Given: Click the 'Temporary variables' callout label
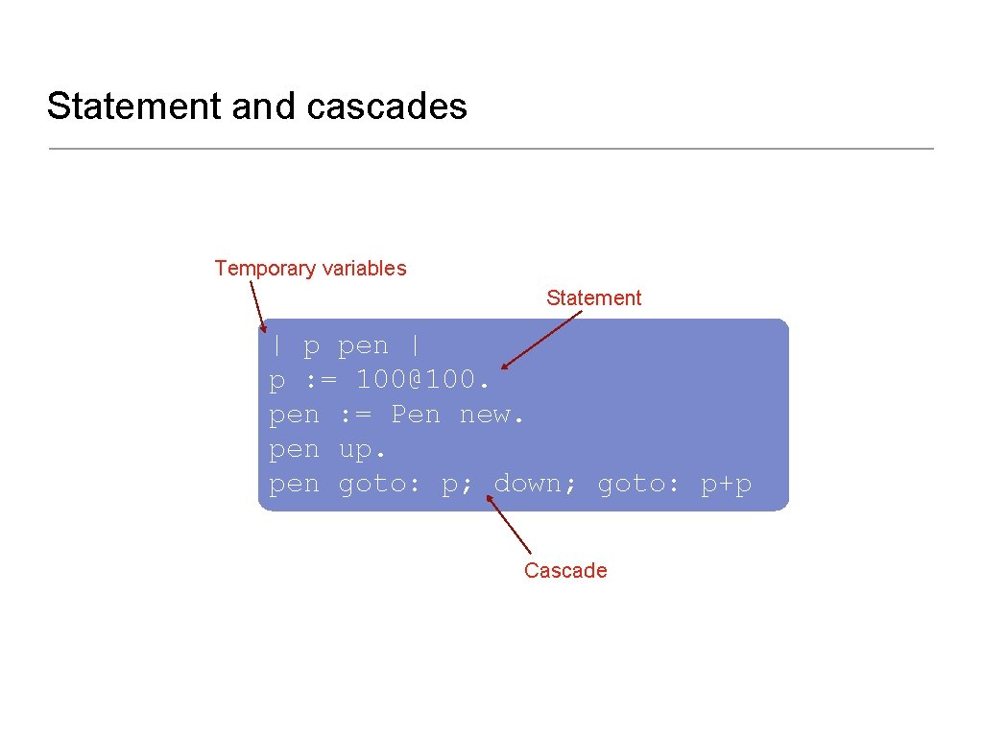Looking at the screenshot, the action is tap(310, 269).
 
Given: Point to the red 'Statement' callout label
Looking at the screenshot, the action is tap(593, 298).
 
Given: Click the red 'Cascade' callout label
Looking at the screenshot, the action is tap(565, 571).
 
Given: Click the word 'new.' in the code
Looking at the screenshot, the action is tap(491, 415).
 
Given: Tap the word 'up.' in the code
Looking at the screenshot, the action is tap(362, 449).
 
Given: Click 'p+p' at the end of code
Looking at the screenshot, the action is tap(726, 484).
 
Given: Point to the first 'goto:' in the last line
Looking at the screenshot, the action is tap(380, 484).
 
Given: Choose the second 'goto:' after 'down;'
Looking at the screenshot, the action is tap(639, 484).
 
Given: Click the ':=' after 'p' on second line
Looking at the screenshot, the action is tap(321, 380).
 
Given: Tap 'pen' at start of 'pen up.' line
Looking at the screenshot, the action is tap(294, 449).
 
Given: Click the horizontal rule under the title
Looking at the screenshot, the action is tap(491, 149).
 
